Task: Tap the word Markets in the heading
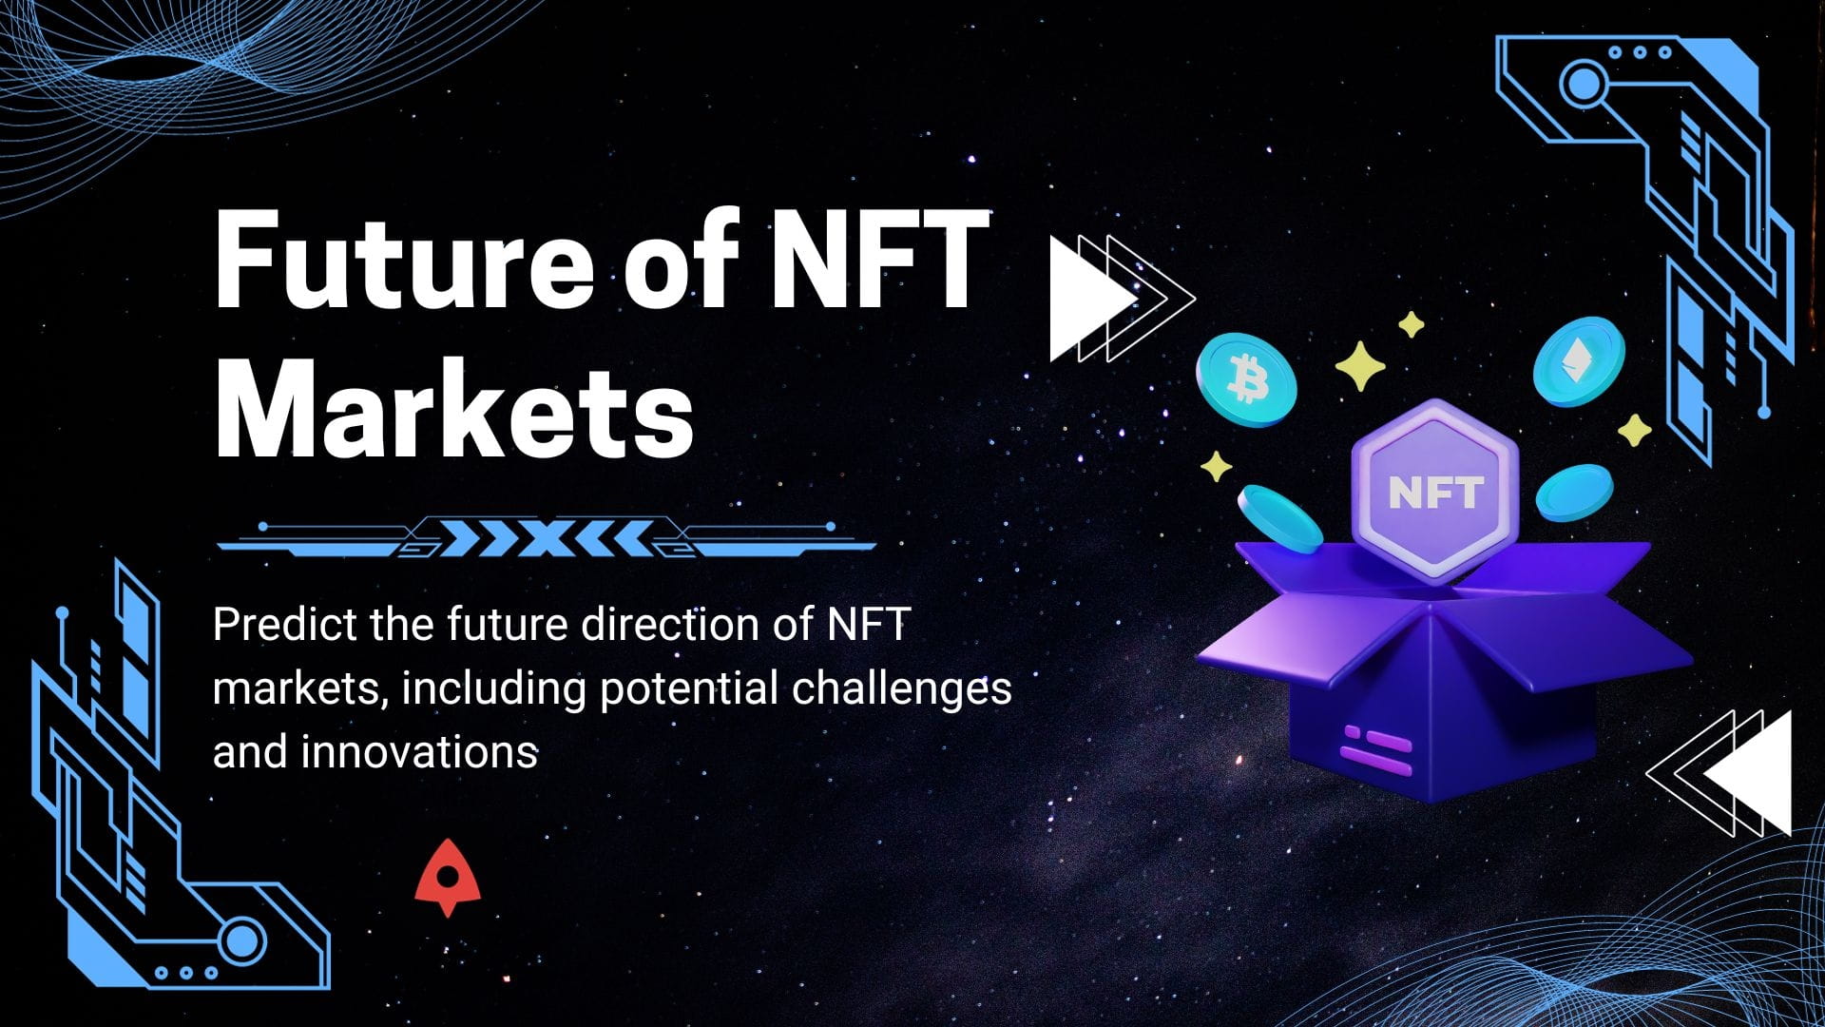pyautogui.click(x=454, y=412)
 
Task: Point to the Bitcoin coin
pyautogui.click(x=1246, y=379)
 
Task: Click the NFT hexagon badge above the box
pyautogui.click(x=1435, y=491)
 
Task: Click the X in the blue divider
pyautogui.click(x=546, y=539)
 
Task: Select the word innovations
pyautogui.click(x=419, y=752)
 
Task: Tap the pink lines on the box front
pyautogui.click(x=1376, y=745)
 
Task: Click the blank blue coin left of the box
pyautogui.click(x=1279, y=517)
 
